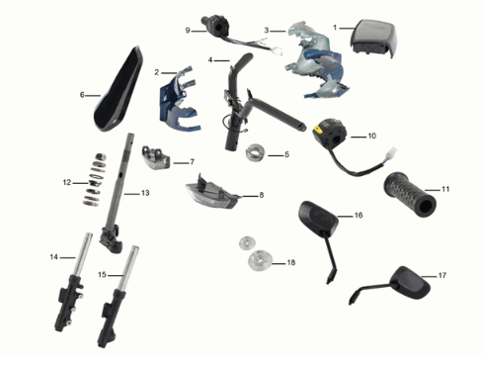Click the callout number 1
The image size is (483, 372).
[335, 28]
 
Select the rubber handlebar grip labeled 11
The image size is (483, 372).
[410, 194]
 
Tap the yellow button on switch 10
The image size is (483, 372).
[317, 130]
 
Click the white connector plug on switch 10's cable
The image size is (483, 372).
[393, 152]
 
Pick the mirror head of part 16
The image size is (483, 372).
[318, 218]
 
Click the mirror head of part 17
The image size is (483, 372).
[410, 282]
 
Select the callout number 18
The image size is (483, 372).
[291, 262]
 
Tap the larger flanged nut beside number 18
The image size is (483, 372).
[260, 260]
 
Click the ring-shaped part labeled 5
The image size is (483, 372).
[255, 152]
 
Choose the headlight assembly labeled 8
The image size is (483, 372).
[212, 195]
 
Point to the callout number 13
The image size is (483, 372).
[145, 193]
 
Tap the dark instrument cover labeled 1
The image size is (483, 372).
[373, 39]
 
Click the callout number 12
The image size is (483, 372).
[67, 182]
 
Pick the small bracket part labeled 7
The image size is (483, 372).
[156, 158]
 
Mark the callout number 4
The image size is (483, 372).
[210, 60]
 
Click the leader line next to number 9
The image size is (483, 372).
[199, 32]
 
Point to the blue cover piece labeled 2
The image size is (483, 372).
[178, 102]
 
